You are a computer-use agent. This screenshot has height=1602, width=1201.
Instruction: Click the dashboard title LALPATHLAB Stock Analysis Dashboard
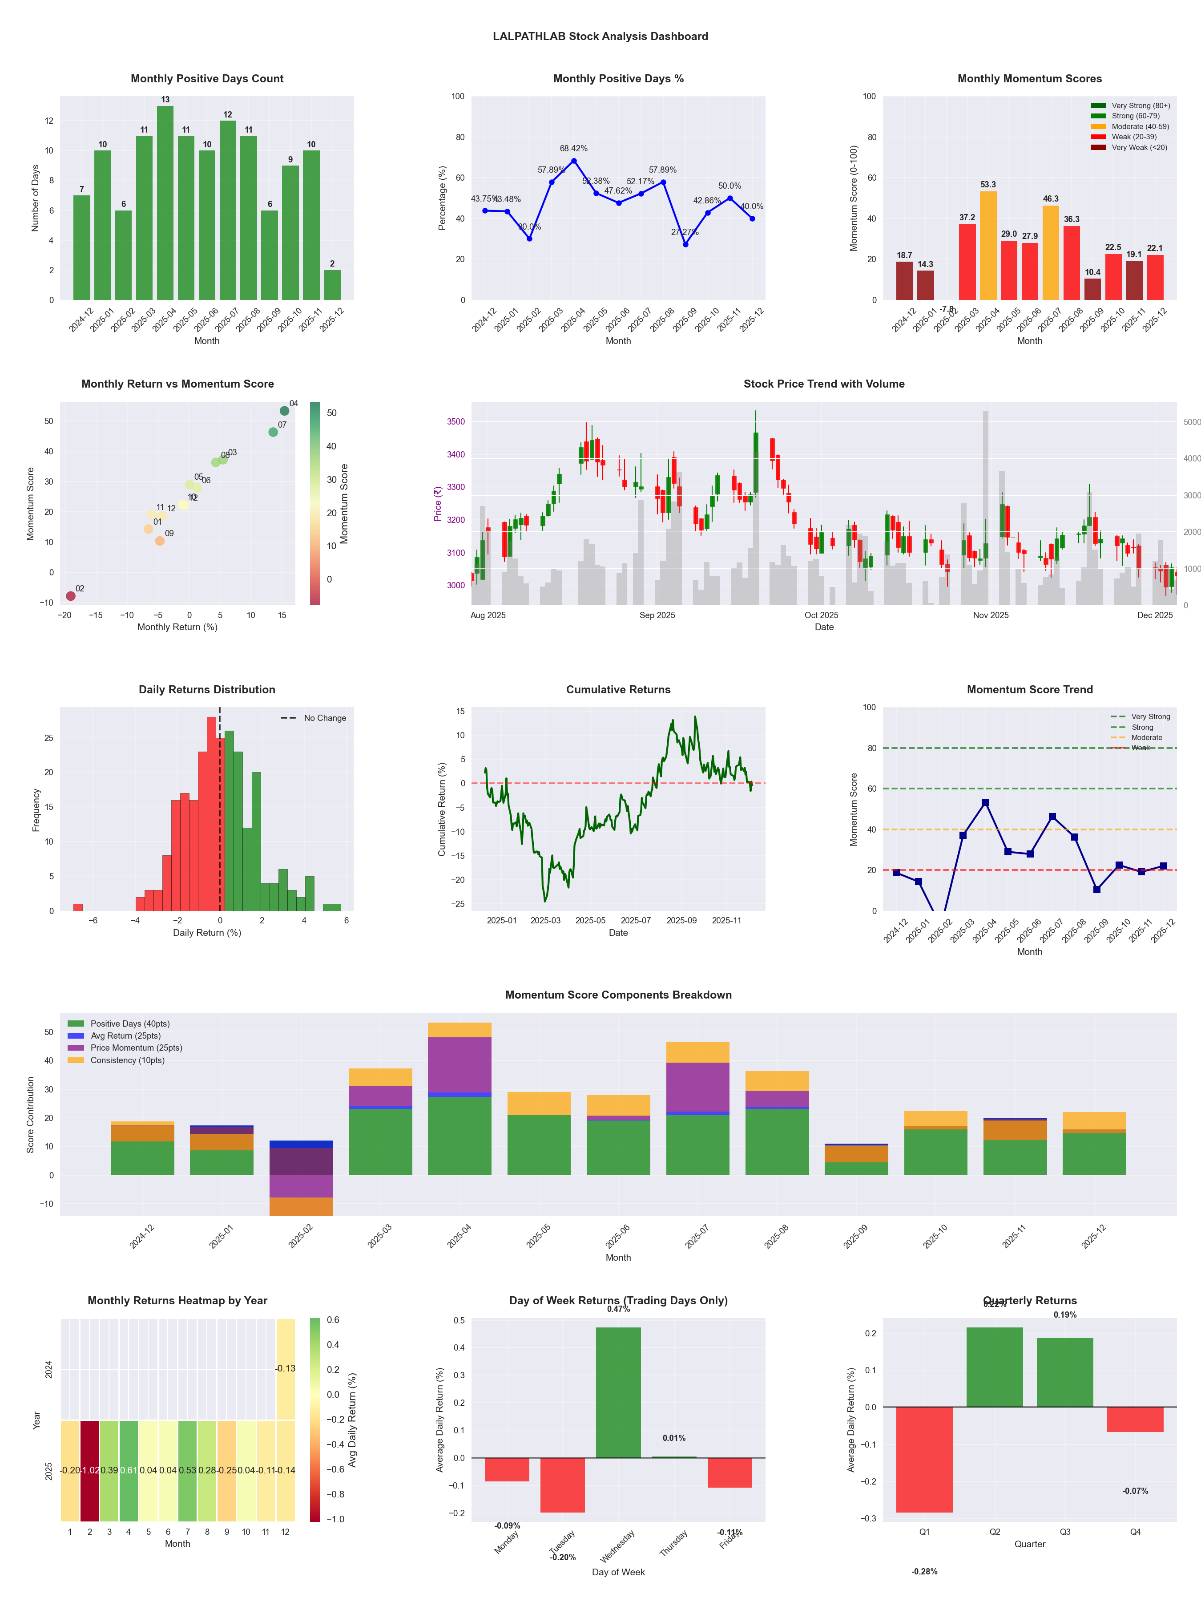pyautogui.click(x=600, y=36)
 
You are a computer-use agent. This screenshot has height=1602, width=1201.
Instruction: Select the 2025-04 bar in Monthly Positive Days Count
pyautogui.click(x=165, y=203)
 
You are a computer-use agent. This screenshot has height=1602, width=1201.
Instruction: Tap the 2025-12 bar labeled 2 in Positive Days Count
pyautogui.click(x=332, y=285)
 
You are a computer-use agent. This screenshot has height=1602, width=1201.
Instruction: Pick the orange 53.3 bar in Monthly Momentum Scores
pyautogui.click(x=988, y=246)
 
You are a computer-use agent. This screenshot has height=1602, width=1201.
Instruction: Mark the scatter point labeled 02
pyautogui.click(x=70, y=596)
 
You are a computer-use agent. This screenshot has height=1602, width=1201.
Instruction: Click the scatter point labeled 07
pyautogui.click(x=273, y=433)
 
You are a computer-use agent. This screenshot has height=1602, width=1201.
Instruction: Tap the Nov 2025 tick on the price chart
pyautogui.click(x=990, y=615)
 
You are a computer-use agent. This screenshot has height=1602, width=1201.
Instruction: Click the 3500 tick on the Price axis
pyautogui.click(x=456, y=421)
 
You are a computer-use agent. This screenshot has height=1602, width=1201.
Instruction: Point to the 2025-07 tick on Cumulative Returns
pyautogui.click(x=636, y=921)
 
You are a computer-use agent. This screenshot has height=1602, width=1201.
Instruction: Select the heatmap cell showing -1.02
pyautogui.click(x=90, y=1471)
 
